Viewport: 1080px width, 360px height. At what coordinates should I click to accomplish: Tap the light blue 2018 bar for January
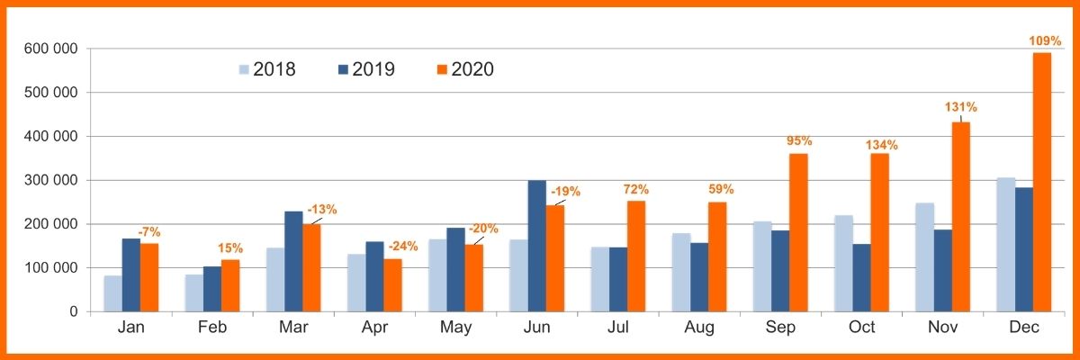click(112, 293)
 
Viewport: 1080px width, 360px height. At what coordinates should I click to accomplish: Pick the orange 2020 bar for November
click(960, 217)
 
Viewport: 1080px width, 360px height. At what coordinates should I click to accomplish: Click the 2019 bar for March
click(293, 261)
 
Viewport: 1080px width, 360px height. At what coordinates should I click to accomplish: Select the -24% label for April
click(400, 247)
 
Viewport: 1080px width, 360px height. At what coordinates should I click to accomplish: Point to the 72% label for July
click(636, 190)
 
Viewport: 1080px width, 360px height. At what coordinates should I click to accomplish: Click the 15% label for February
click(231, 248)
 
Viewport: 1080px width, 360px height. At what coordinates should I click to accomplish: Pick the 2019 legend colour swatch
click(343, 69)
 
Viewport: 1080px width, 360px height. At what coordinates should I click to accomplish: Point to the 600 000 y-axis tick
click(52, 49)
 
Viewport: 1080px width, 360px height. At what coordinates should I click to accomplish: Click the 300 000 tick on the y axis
click(52, 180)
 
